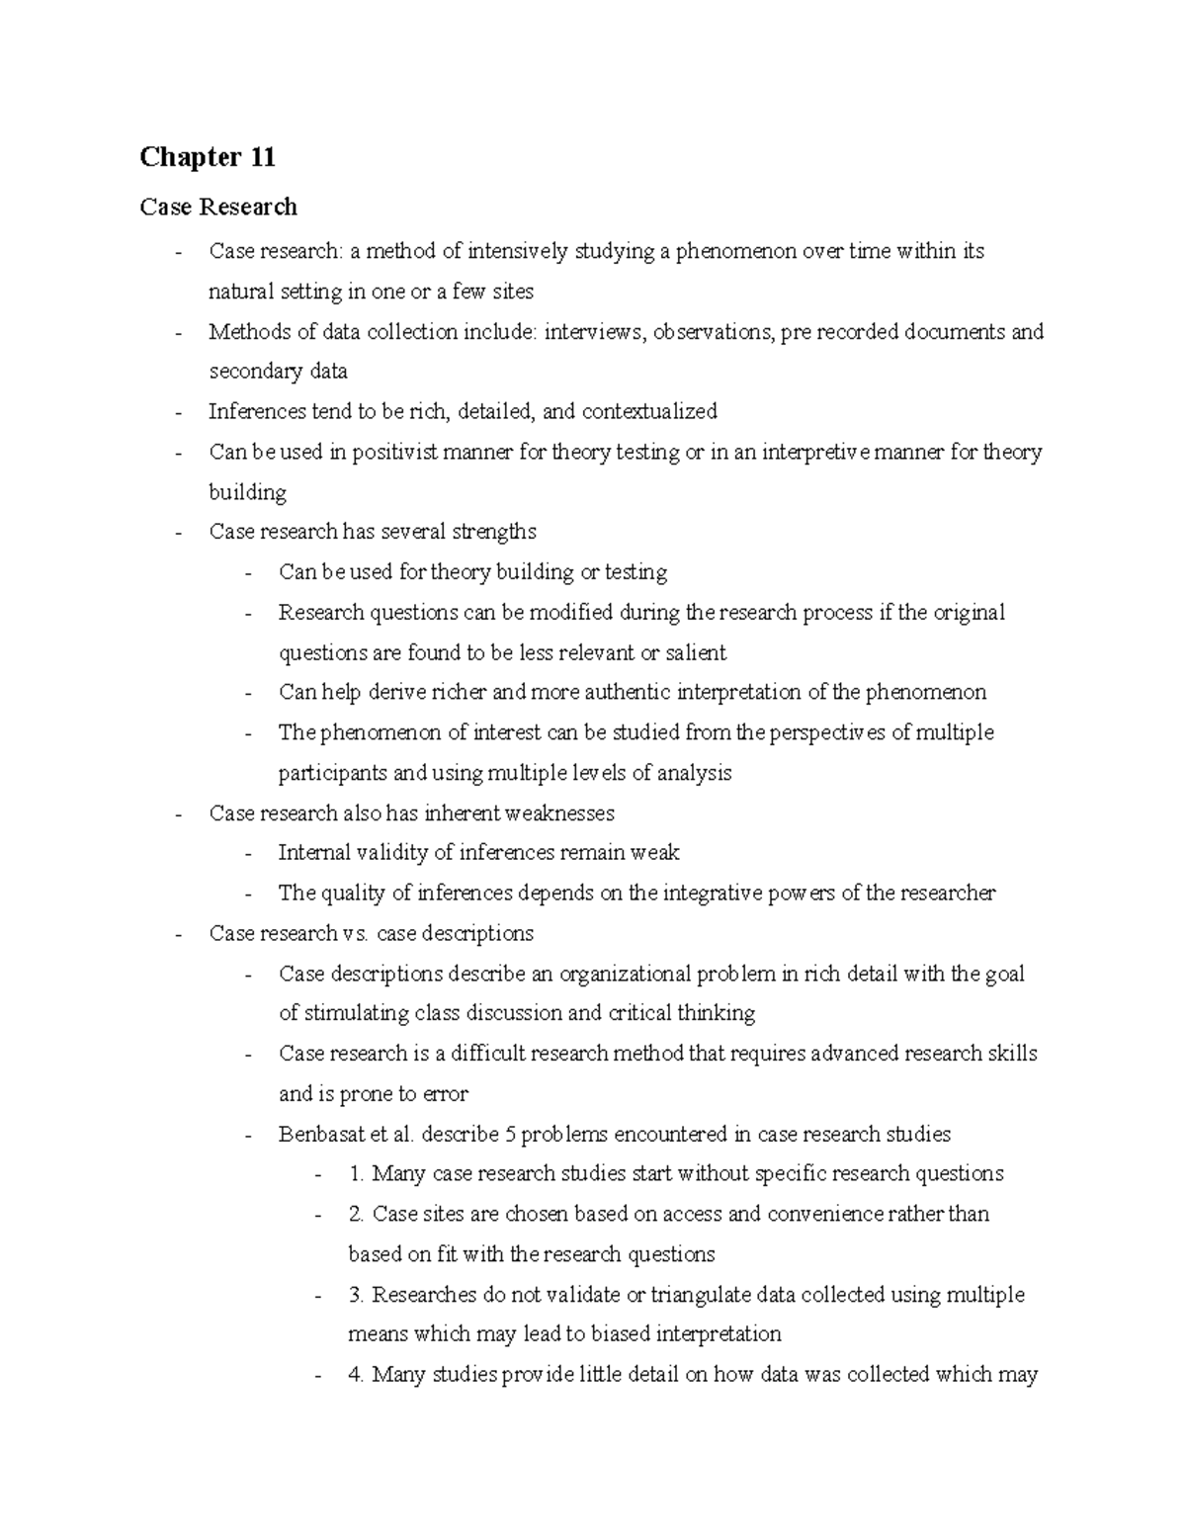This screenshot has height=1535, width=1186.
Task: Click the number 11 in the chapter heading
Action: [x=261, y=157]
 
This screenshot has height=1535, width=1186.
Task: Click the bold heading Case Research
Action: [x=218, y=207]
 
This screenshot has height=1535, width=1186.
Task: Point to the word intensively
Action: [x=518, y=251]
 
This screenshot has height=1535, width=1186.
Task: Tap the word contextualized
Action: [x=649, y=411]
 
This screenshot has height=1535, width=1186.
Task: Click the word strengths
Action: [x=494, y=532]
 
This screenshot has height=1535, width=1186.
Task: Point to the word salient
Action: [x=696, y=652]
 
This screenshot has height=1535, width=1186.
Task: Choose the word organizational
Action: [x=625, y=974]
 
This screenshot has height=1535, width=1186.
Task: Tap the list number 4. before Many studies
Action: [x=356, y=1375]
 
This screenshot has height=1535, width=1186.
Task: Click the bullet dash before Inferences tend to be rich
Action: [x=178, y=412]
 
